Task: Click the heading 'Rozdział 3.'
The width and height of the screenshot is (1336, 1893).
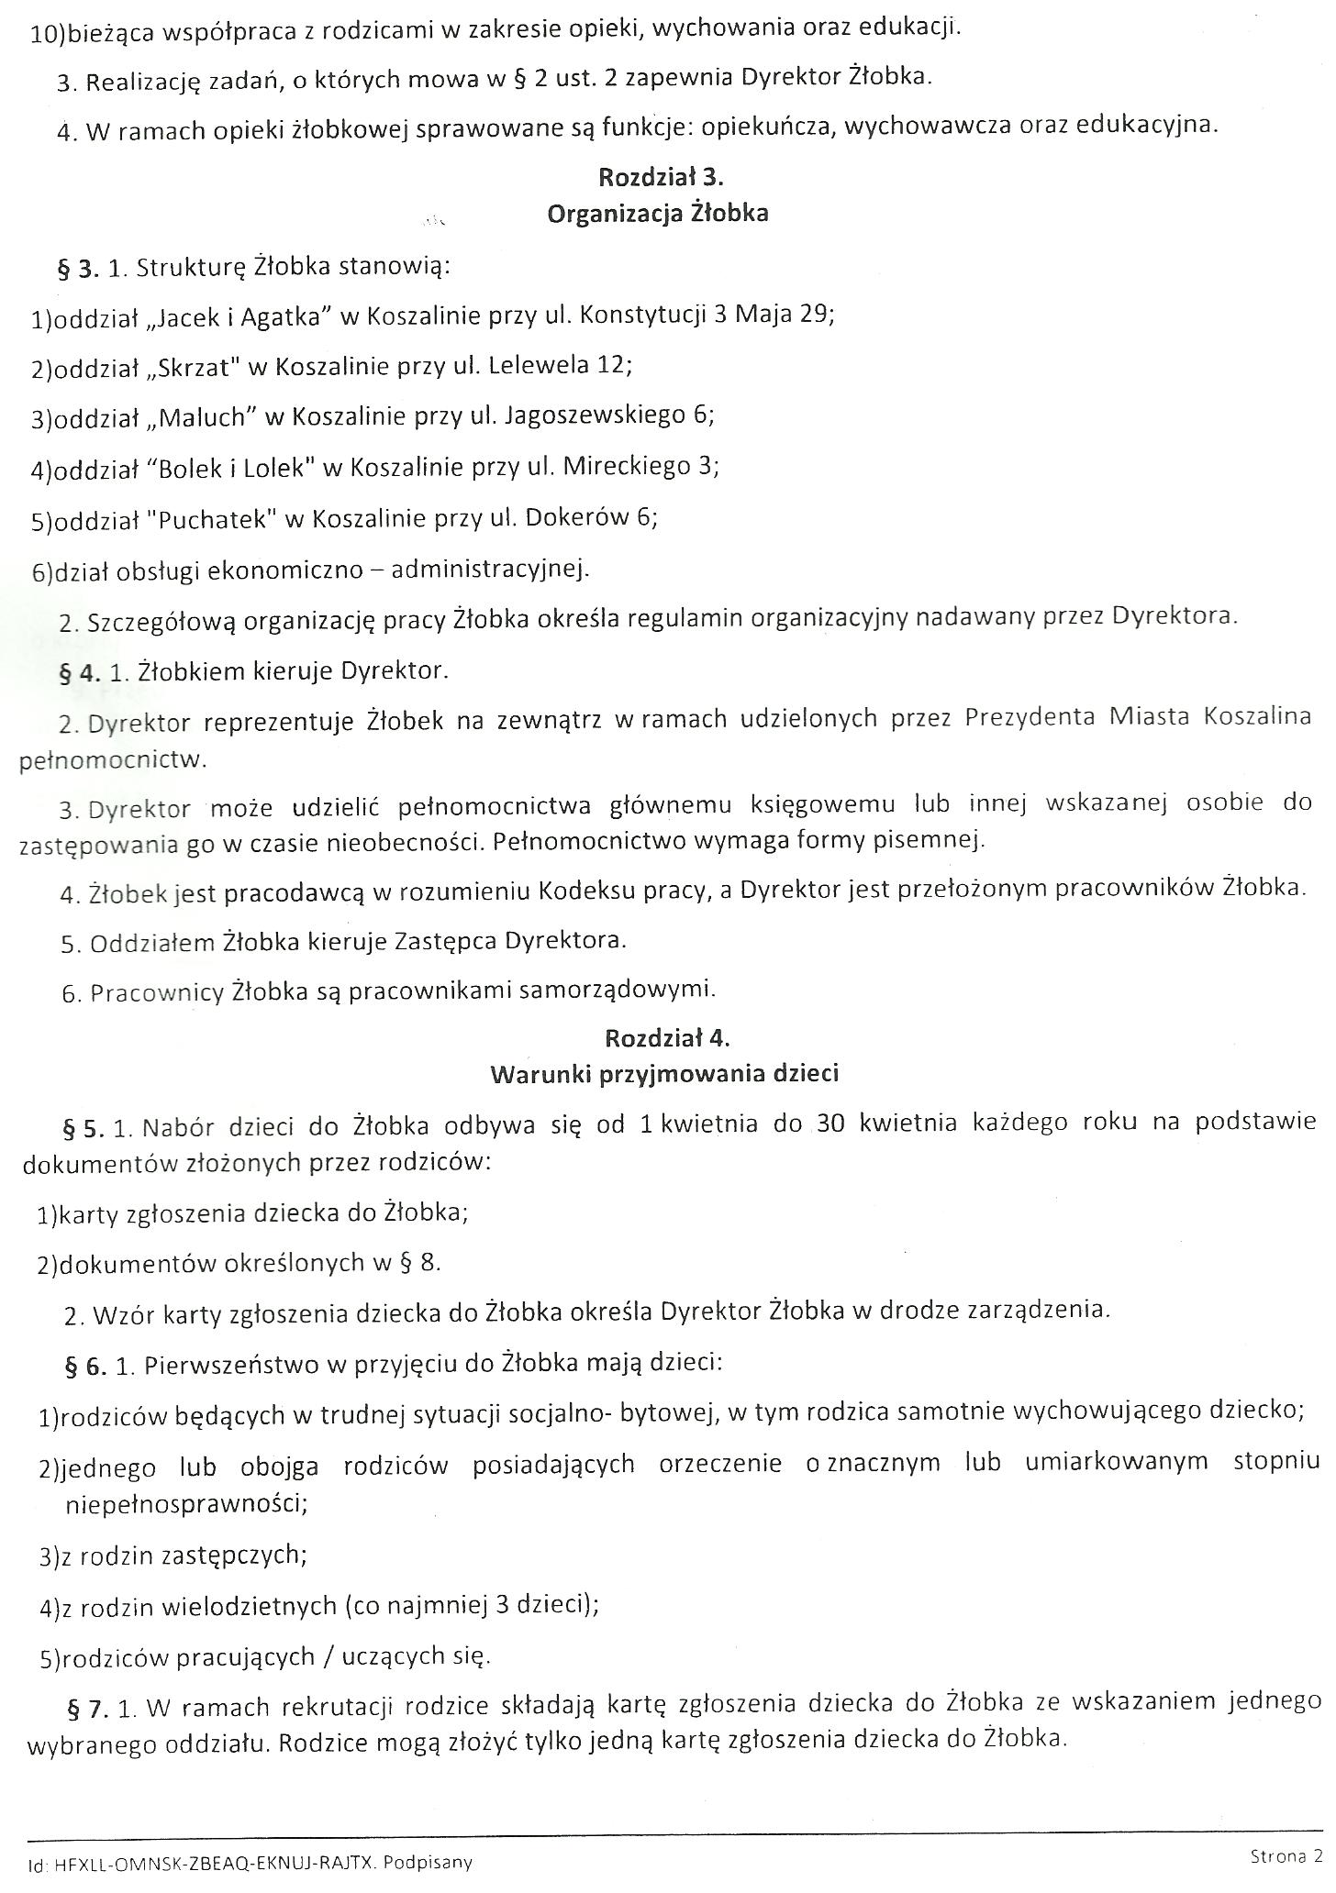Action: (x=661, y=176)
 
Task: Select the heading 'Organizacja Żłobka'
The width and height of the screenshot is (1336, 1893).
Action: (x=657, y=215)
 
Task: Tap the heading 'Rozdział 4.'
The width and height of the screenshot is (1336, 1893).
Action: (x=667, y=1037)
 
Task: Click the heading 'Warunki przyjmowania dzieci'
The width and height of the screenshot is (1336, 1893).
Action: (x=664, y=1074)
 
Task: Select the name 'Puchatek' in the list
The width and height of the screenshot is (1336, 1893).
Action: (x=217, y=519)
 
